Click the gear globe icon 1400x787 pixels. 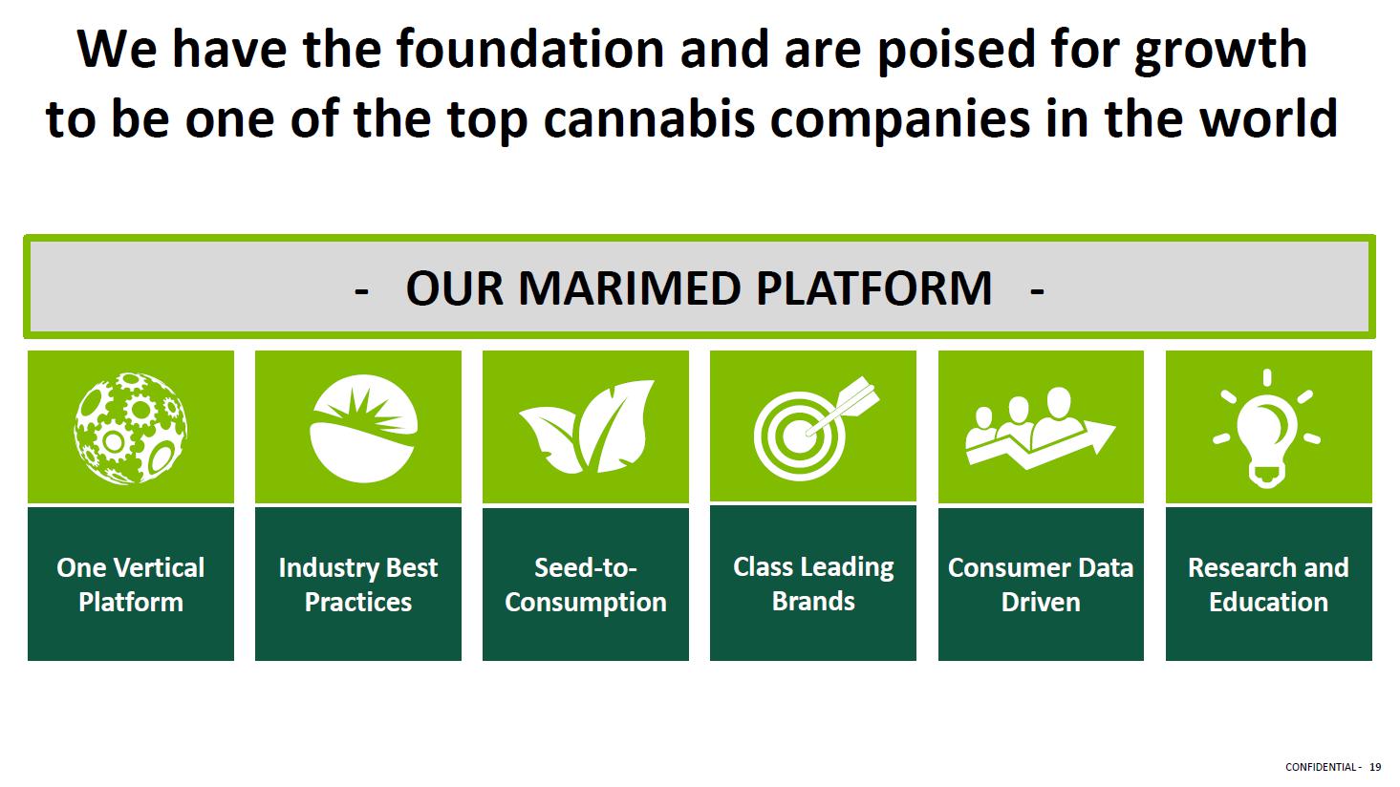click(x=130, y=429)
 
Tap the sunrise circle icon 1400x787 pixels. click(x=363, y=429)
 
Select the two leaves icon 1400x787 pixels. click(x=587, y=427)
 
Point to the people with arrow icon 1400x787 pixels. click(x=1040, y=429)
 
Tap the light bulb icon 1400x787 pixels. click(x=1267, y=429)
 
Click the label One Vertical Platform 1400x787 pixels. click(x=131, y=585)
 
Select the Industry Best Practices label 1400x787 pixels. click(x=358, y=585)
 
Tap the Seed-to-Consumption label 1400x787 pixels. click(x=586, y=585)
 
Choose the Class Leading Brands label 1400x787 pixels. click(x=813, y=584)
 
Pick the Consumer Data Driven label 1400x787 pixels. click(x=1041, y=585)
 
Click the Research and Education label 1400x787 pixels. click(x=1268, y=585)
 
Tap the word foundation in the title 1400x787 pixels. click(x=530, y=49)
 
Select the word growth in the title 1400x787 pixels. click(x=1220, y=53)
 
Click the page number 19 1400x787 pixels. click(x=1375, y=767)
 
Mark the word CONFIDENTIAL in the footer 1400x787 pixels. click(x=1320, y=767)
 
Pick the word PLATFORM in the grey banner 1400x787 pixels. click(x=873, y=288)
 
